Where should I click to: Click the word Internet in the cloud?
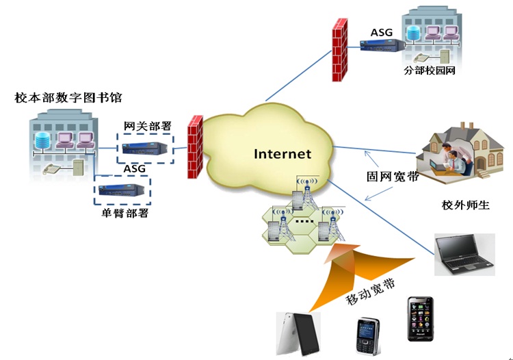[x=282, y=154]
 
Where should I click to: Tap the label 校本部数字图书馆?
[x=68, y=98]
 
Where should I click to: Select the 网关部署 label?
[x=147, y=126]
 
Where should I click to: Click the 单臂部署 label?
[x=124, y=213]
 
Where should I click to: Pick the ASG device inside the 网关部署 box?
[x=146, y=148]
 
